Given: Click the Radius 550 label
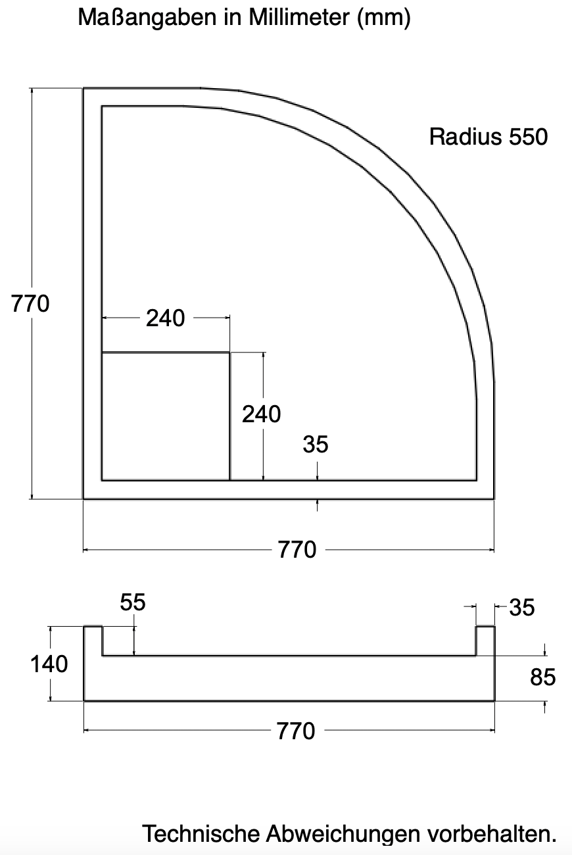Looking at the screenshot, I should tap(488, 137).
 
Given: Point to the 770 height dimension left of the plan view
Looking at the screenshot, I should tap(30, 304).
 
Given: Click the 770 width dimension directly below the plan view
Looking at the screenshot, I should tap(297, 549).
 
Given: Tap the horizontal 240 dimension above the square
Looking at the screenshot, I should tap(166, 318).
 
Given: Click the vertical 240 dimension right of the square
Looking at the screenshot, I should tap(262, 414).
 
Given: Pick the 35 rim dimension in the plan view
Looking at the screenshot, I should tap(316, 445).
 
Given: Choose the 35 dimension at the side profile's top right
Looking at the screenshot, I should tap(521, 608).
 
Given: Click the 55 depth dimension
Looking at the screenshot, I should tap(133, 602).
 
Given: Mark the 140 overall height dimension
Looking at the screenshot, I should tap(49, 664).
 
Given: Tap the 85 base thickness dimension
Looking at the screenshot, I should tap(543, 677).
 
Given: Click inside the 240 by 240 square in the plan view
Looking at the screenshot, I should tap(165, 416).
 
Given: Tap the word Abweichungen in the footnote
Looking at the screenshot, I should tap(343, 834).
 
